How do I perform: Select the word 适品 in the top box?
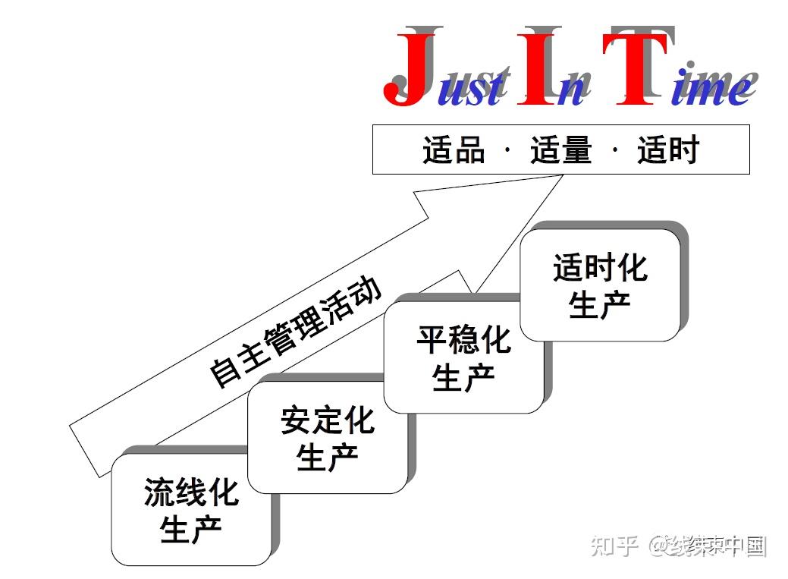[x=454, y=149]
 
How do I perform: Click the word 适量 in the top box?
[x=560, y=149]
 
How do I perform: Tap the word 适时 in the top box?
[x=667, y=149]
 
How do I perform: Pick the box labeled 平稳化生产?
[x=463, y=358]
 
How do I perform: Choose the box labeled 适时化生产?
[x=599, y=285]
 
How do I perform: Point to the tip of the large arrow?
[x=562, y=175]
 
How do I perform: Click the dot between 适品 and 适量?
[x=507, y=149]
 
